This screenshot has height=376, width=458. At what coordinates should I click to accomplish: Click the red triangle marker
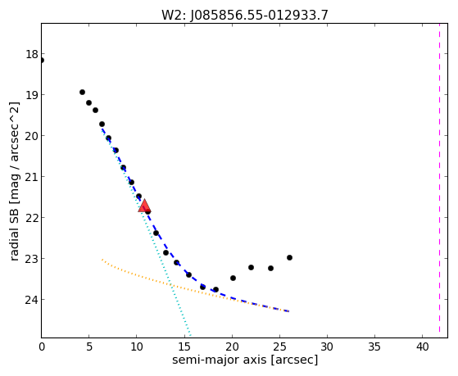pyautogui.click(x=144, y=206)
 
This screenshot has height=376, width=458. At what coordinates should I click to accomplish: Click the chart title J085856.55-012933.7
pyautogui.click(x=245, y=15)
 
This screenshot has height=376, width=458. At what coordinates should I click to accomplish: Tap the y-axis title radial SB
pyautogui.click(x=14, y=233)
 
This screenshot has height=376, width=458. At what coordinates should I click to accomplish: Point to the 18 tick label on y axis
pyautogui.click(x=32, y=54)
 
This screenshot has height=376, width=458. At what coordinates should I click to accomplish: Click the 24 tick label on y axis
pyautogui.click(x=32, y=300)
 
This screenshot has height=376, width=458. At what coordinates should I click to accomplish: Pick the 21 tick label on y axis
pyautogui.click(x=32, y=177)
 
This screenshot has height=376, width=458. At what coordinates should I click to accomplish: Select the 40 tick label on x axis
pyautogui.click(x=423, y=347)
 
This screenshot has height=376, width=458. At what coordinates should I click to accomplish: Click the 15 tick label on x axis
pyautogui.click(x=184, y=347)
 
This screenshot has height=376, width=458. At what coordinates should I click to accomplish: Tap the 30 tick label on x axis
pyautogui.click(x=327, y=347)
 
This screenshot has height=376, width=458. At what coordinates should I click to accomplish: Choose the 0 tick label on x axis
pyautogui.click(x=42, y=347)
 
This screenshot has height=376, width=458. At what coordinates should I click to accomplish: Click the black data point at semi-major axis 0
pyautogui.click(x=42, y=61)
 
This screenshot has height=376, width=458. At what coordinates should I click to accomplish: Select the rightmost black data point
pyautogui.click(x=289, y=258)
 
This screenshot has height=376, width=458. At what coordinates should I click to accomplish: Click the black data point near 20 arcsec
pyautogui.click(x=233, y=279)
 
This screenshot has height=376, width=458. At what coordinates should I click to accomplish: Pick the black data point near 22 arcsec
pyautogui.click(x=251, y=267)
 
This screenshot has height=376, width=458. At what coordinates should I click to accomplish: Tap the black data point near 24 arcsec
pyautogui.click(x=270, y=268)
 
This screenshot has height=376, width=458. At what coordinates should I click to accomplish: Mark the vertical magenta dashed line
pyautogui.click(x=439, y=180)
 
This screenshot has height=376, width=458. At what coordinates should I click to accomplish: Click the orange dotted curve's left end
pyautogui.click(x=102, y=260)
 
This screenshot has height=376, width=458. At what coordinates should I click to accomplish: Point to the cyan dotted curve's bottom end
pyautogui.click(x=190, y=335)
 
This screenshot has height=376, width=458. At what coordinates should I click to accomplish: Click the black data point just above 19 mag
pyautogui.click(x=83, y=93)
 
